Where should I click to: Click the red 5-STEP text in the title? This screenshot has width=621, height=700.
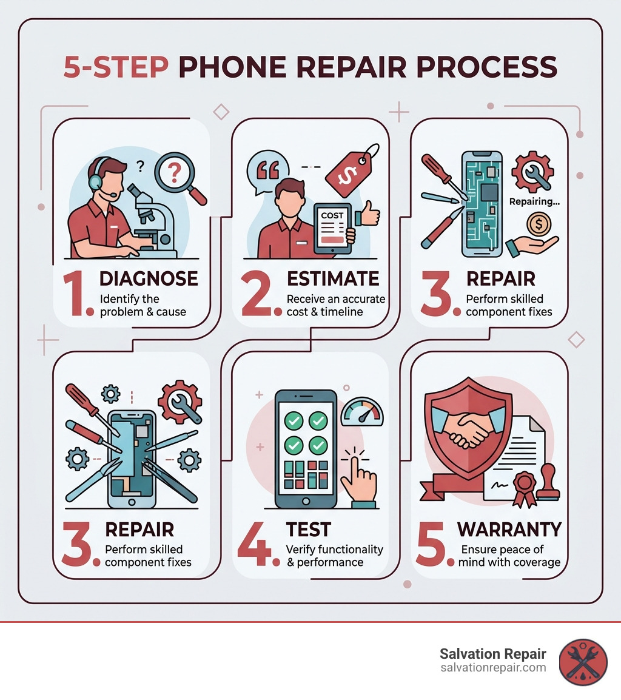tap(116, 67)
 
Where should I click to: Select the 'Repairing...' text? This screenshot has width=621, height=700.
tap(534, 201)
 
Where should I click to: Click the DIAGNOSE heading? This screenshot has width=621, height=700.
tap(148, 278)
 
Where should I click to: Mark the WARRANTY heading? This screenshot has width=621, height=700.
tap(509, 529)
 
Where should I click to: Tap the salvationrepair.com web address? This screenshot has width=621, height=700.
tap(493, 668)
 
